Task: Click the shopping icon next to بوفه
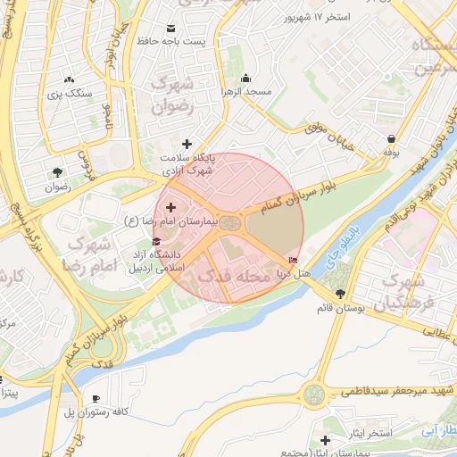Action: (x=392, y=138)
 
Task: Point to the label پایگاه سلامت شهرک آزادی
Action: (x=187, y=162)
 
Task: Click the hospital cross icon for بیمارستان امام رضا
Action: (x=170, y=207)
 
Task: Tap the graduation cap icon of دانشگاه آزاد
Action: (x=157, y=241)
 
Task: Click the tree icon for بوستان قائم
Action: (x=340, y=294)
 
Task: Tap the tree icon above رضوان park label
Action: (x=58, y=172)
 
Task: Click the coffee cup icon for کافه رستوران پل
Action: (x=96, y=398)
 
